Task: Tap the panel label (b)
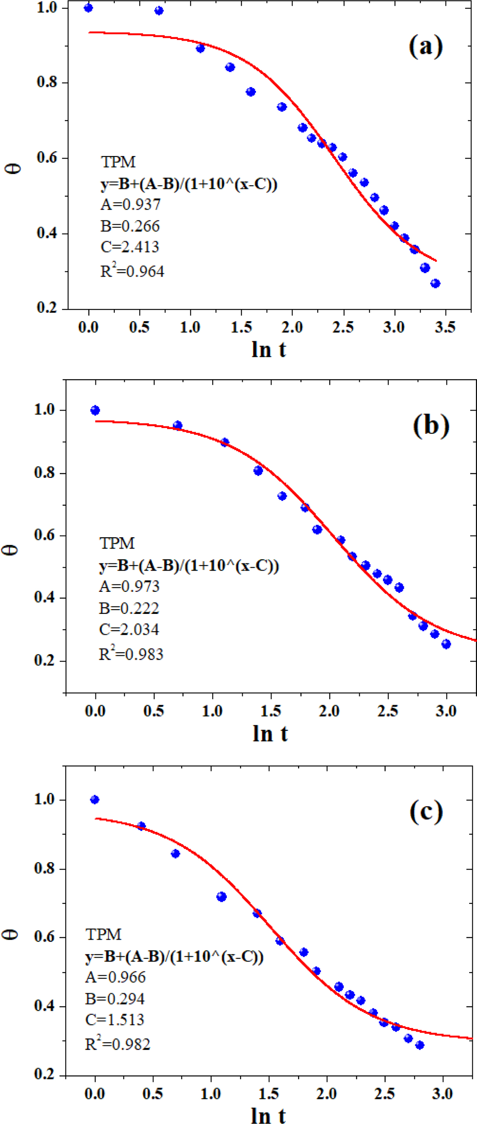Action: pos(431,425)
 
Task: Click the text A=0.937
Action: pos(131,204)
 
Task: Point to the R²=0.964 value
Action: pos(132,271)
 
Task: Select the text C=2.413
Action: pos(130,247)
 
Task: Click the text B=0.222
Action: pos(129,608)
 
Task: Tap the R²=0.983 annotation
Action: pos(131,654)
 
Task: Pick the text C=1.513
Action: pos(114,1020)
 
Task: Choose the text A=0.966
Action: pos(115,977)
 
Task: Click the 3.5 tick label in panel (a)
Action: pos(445,327)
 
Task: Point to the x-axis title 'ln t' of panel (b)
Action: pos(270,734)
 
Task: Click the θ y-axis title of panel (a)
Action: pos(15,167)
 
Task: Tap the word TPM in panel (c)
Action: pos(103,934)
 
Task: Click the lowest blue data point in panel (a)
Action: pos(435,284)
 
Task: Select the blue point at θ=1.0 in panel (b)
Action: pos(95,410)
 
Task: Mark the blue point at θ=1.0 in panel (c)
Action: pos(95,800)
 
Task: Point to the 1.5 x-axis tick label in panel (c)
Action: pos(268,1094)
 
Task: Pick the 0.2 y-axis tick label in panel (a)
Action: pos(47,308)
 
